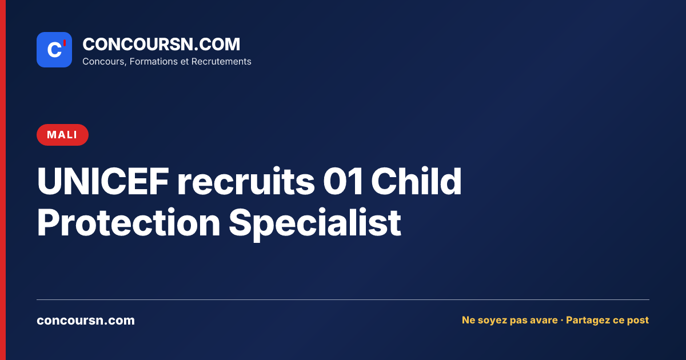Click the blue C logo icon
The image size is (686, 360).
coord(54,50)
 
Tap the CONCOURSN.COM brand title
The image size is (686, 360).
coord(161,44)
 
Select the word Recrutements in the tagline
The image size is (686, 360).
coord(221,61)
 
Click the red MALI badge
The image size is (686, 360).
coord(62,135)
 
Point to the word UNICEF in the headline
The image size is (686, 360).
coord(103,181)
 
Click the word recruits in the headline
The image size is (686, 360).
coord(246,181)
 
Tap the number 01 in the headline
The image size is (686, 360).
coord(343,181)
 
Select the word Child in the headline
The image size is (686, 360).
coord(416,181)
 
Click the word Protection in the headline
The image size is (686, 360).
coord(129,222)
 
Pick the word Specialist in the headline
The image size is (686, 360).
coord(315,224)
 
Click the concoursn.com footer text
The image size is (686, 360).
coord(86,320)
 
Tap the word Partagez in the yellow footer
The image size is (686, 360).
coord(586,320)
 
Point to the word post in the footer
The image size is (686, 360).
coord(638,321)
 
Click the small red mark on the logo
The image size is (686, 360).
coord(65,43)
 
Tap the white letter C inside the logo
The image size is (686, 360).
coord(54,50)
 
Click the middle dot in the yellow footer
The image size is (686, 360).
coord(561,320)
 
